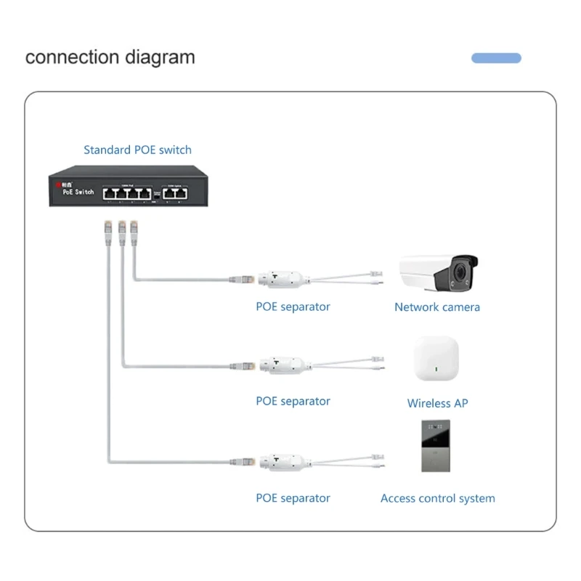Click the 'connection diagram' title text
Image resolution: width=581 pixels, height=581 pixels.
110,57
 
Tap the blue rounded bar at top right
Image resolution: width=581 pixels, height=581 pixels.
496,58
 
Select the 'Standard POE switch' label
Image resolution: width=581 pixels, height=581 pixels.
137,150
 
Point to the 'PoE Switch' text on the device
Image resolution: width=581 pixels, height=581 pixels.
78,192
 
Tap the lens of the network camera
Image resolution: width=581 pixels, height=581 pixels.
460,273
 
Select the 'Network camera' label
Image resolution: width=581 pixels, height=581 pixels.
436,307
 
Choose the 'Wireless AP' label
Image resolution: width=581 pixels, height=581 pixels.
437,403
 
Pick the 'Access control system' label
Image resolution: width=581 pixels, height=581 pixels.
437,499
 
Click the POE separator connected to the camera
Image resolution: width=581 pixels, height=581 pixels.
279,278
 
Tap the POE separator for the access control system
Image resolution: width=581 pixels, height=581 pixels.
279,461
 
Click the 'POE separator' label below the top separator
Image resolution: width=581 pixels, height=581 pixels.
293,307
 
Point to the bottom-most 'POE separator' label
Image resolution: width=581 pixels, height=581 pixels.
293,499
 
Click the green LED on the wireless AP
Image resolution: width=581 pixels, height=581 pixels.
436,369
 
